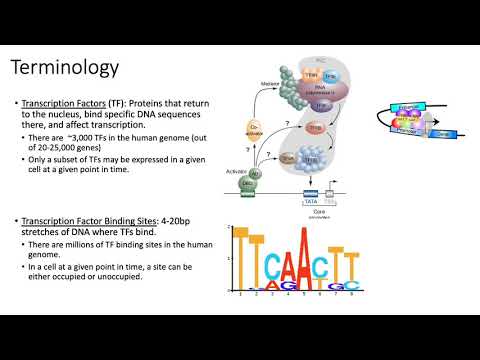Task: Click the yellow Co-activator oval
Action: tap(254, 129)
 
